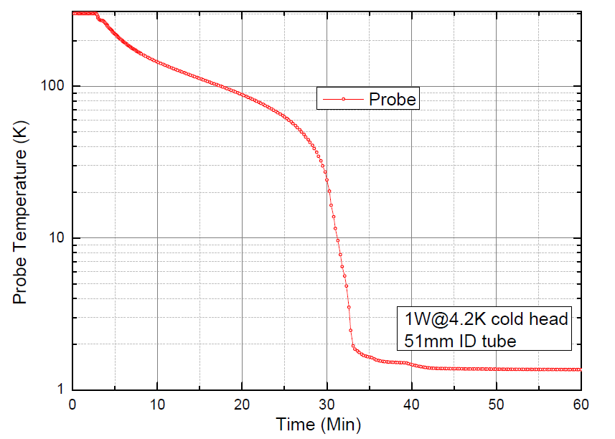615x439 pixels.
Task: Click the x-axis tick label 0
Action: point(72,404)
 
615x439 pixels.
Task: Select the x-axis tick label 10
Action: point(157,404)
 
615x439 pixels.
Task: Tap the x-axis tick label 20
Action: point(242,404)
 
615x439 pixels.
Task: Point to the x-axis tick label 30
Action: point(327,404)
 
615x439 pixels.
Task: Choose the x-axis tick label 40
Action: point(411,404)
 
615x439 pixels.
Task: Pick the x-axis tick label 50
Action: point(496,404)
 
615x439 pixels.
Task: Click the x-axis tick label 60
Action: point(580,404)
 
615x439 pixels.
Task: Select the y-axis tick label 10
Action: point(57,238)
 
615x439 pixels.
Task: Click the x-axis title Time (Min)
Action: point(319,425)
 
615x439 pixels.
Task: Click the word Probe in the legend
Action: point(392,99)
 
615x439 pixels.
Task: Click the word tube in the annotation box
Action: point(499,341)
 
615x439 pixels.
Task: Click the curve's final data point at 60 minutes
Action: point(580,369)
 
